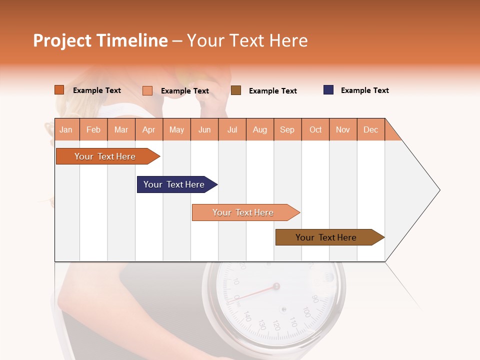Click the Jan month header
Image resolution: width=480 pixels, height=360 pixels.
pyautogui.click(x=66, y=129)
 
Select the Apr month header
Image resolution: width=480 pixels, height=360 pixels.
pyautogui.click(x=149, y=129)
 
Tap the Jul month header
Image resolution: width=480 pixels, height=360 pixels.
pyautogui.click(x=232, y=129)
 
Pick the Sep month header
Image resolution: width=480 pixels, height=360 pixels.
pyautogui.click(x=287, y=129)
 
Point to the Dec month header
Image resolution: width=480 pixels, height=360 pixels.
pyautogui.click(x=370, y=129)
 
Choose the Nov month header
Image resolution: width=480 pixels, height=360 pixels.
pyautogui.click(x=342, y=129)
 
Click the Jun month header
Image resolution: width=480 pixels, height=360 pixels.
pyautogui.click(x=204, y=129)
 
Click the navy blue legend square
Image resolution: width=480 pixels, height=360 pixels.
pyautogui.click(x=328, y=90)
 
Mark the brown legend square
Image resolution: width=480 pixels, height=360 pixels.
pyautogui.click(x=236, y=90)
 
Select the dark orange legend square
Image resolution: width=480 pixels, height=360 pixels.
pyautogui.click(x=59, y=90)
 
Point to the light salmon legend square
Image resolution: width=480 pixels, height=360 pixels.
pyautogui.click(x=147, y=90)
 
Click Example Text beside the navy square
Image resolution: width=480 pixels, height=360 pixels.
pyautogui.click(x=364, y=90)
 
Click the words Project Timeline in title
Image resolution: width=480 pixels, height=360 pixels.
pyautogui.click(x=100, y=40)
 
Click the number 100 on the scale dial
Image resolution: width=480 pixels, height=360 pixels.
pyautogui.click(x=307, y=313)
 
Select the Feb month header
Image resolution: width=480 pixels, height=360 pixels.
pyautogui.click(x=93, y=129)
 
